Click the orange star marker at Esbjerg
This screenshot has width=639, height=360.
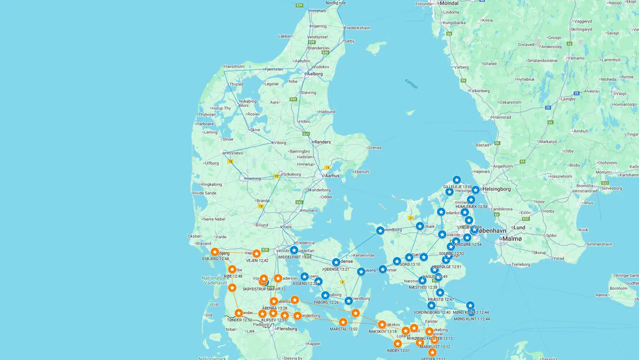pyautogui.click(x=215, y=252)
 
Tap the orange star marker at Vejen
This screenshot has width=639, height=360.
pyautogui.click(x=256, y=253)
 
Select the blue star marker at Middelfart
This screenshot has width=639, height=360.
pyautogui.click(x=294, y=250)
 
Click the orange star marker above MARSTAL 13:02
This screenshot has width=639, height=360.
pyautogui.click(x=343, y=322)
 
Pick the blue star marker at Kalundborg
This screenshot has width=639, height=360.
pyautogui.click(x=380, y=230)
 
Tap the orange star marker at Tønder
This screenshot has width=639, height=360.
pyautogui.click(x=239, y=313)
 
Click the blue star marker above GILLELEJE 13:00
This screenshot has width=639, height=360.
pyautogui.click(x=457, y=180)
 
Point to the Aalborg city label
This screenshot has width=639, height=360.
pyautogui.click(x=316, y=74)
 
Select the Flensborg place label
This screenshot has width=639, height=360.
pyautogui.click(x=287, y=329)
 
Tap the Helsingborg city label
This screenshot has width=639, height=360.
pyautogui.click(x=497, y=189)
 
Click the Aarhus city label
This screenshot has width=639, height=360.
pyautogui.click(x=332, y=176)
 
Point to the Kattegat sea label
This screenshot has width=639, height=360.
pyautogui.click(x=411, y=83)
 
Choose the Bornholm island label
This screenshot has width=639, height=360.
pyautogui.click(x=619, y=288)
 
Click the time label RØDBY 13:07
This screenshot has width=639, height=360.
pyautogui.click(x=398, y=351)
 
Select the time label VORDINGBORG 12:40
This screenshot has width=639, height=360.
pyautogui.click(x=432, y=313)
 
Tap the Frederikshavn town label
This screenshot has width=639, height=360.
pyautogui.click(x=357, y=28)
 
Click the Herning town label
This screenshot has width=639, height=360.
pyautogui.click(x=254, y=178)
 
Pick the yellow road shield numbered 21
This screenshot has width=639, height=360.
pyautogui.click(x=411, y=218)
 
